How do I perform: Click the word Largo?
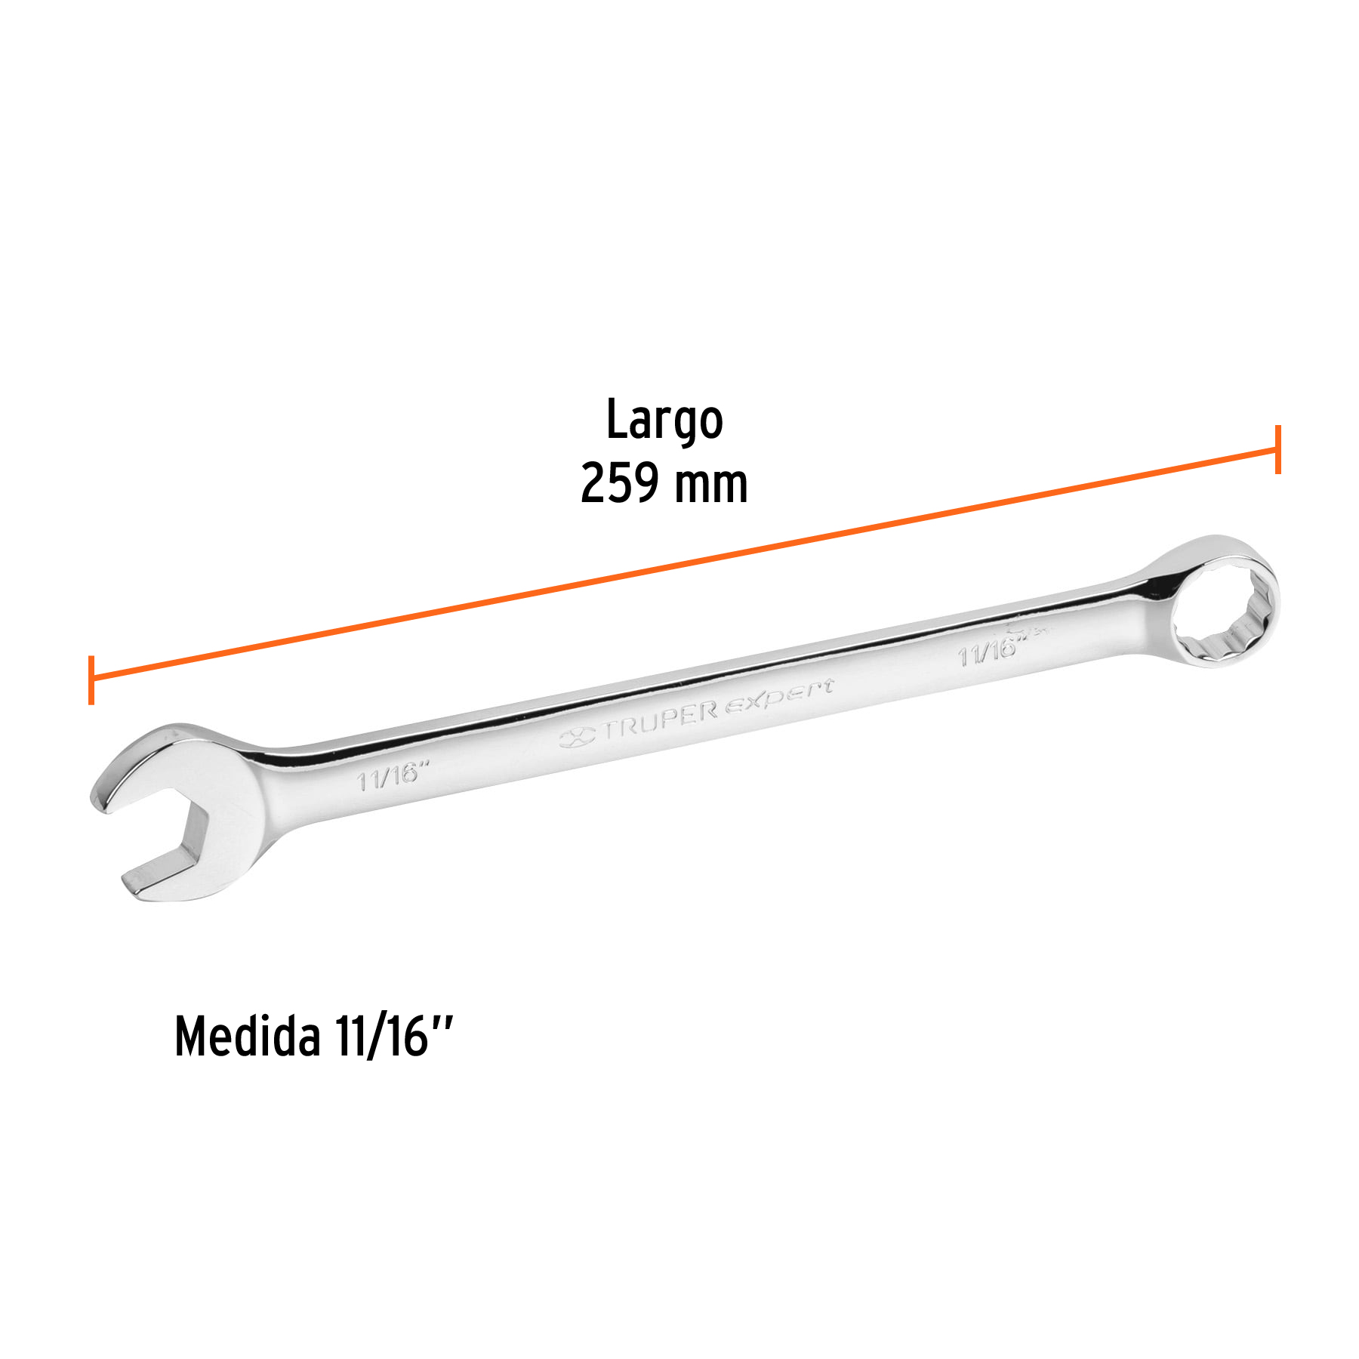[x=664, y=421]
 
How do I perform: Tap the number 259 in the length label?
[x=620, y=483]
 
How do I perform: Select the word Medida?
[x=248, y=1037]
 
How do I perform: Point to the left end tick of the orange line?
[x=91, y=679]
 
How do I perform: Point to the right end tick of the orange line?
[x=1277, y=449]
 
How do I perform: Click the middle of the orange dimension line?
[x=684, y=565]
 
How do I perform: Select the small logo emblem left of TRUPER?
[x=578, y=736]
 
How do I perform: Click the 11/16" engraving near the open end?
[x=393, y=776]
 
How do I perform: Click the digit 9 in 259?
[x=646, y=483]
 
